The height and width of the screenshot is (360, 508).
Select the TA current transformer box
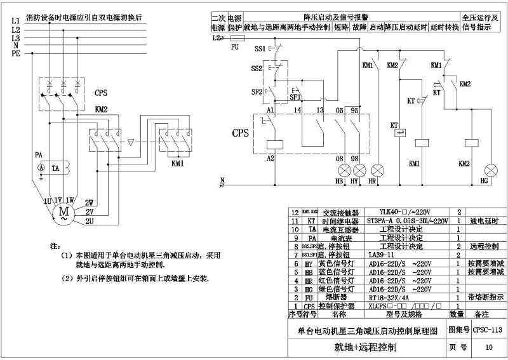click(x=55, y=168)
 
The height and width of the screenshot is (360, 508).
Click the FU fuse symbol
click(x=235, y=39)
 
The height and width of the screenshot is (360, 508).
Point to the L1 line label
click(x=16, y=21)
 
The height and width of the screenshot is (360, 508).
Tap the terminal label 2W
click(x=90, y=201)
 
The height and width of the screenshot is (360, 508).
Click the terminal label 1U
click(x=46, y=201)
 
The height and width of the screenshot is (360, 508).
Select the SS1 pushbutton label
click(x=259, y=49)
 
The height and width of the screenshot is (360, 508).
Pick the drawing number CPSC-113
click(x=488, y=330)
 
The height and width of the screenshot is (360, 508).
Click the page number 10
click(x=488, y=347)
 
